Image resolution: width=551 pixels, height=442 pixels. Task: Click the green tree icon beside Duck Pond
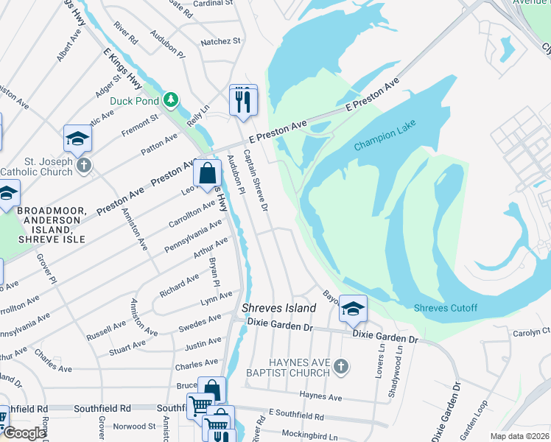coord(171,99)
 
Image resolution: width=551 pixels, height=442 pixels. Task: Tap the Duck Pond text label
coord(134,101)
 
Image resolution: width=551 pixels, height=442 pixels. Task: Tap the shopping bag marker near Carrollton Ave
coord(207,175)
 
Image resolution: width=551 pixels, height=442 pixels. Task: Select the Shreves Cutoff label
coord(445,308)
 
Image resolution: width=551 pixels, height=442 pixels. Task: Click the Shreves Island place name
coord(279,308)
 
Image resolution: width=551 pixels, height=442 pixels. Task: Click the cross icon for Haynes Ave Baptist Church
coord(340,365)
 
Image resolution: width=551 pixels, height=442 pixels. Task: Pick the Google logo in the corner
coord(24,433)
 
